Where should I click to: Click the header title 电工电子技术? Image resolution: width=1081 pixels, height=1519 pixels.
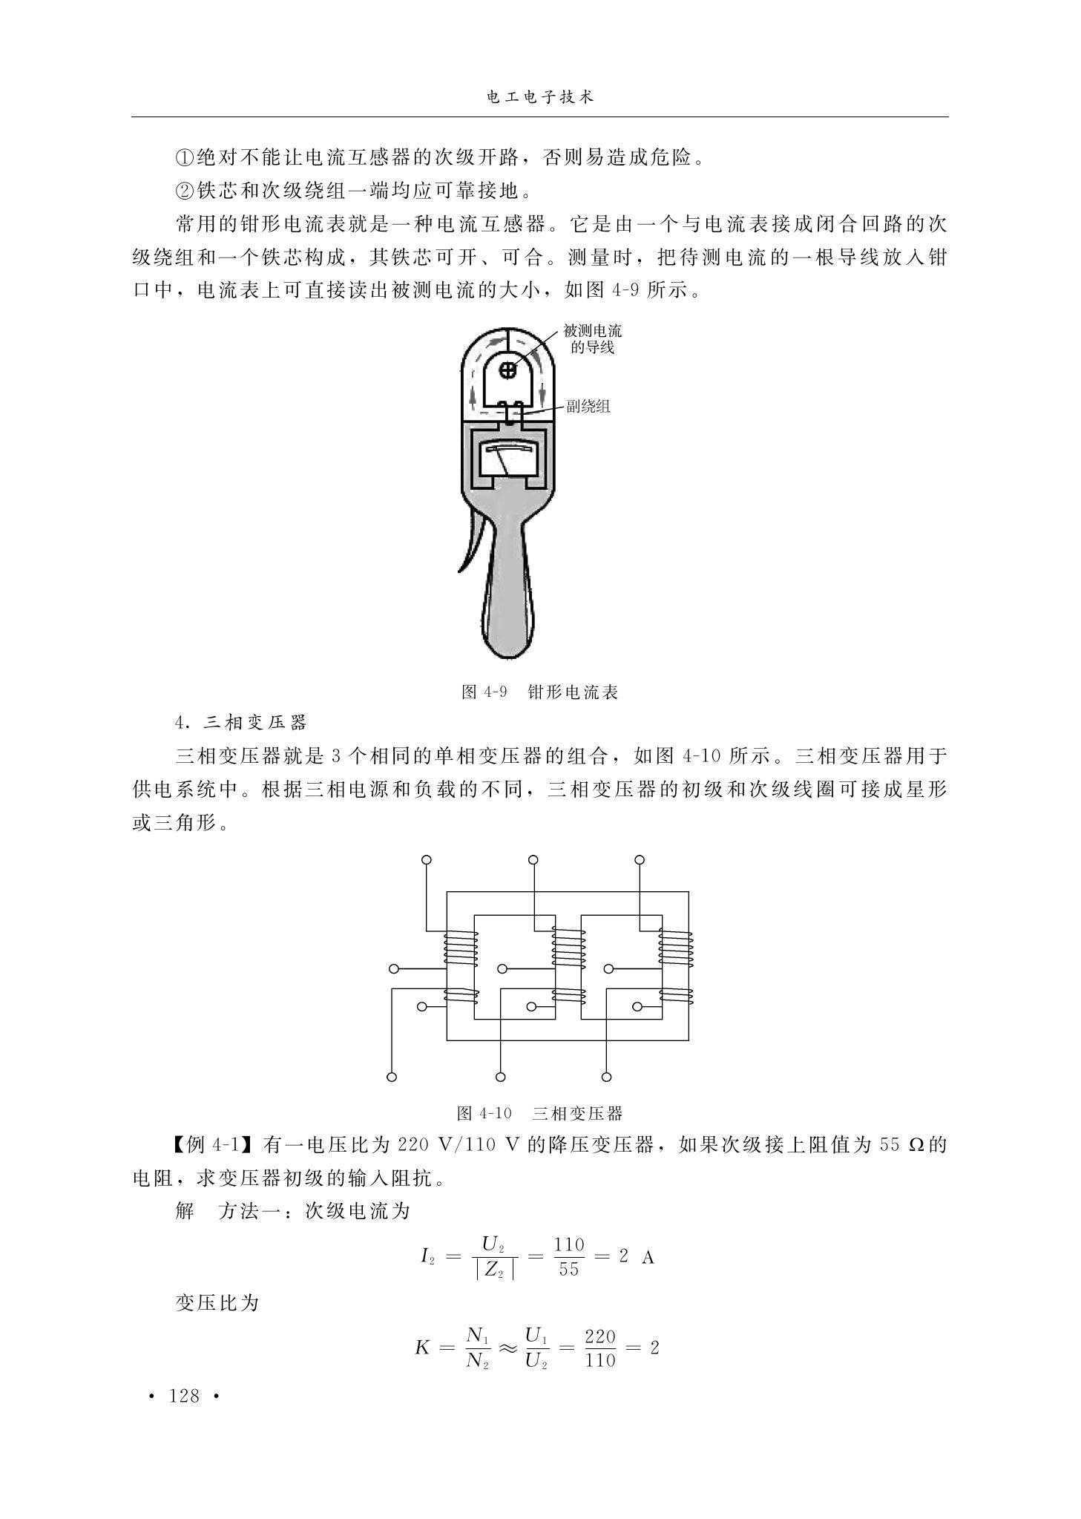539,98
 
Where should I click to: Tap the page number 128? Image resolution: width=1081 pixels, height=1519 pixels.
185,1396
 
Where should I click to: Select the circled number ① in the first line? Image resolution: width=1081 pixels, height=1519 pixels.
184,157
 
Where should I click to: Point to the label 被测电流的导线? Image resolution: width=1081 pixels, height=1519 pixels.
592,338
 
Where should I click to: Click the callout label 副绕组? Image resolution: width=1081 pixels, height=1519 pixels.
588,406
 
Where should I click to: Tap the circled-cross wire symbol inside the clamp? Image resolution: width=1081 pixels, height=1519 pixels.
508,369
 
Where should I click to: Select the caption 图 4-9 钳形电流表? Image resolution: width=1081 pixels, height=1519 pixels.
539,692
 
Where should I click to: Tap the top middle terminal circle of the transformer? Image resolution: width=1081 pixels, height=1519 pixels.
533,860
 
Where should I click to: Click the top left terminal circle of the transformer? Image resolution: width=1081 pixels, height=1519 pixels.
426,860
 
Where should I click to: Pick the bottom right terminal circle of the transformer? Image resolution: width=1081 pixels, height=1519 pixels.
606,1077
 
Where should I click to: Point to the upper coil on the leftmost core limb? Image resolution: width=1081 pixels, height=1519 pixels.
460,948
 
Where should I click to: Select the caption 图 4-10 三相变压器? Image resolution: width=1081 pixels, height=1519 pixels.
539,1113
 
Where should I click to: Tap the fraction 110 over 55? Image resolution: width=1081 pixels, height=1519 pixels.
569,1256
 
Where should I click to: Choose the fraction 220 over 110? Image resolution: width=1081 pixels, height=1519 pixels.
600,1348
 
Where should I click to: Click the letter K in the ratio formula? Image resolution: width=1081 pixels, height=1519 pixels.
422,1348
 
